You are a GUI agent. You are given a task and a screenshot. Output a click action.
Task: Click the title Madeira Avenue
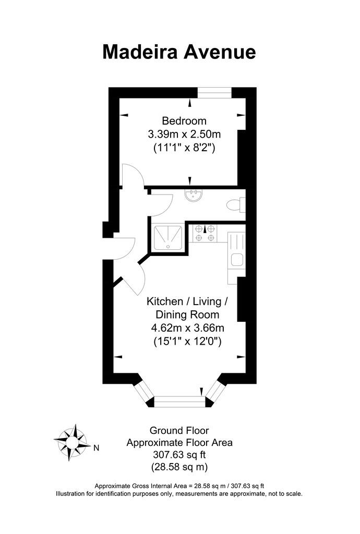(179, 52)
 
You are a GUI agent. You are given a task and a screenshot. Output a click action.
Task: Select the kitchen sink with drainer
(236, 250)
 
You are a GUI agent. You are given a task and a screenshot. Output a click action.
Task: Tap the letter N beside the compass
(96, 447)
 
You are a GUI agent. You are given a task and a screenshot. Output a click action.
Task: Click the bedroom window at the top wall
(214, 93)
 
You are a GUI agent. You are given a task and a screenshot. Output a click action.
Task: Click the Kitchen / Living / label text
(187, 301)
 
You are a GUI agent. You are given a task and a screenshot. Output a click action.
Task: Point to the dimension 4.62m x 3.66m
(187, 329)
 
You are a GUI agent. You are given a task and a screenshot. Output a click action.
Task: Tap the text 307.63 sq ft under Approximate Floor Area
(179, 454)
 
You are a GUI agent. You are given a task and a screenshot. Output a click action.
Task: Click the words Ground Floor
(179, 431)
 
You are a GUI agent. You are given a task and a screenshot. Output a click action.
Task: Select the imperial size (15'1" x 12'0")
(187, 342)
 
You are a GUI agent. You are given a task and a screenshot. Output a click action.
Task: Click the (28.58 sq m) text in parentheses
(179, 466)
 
